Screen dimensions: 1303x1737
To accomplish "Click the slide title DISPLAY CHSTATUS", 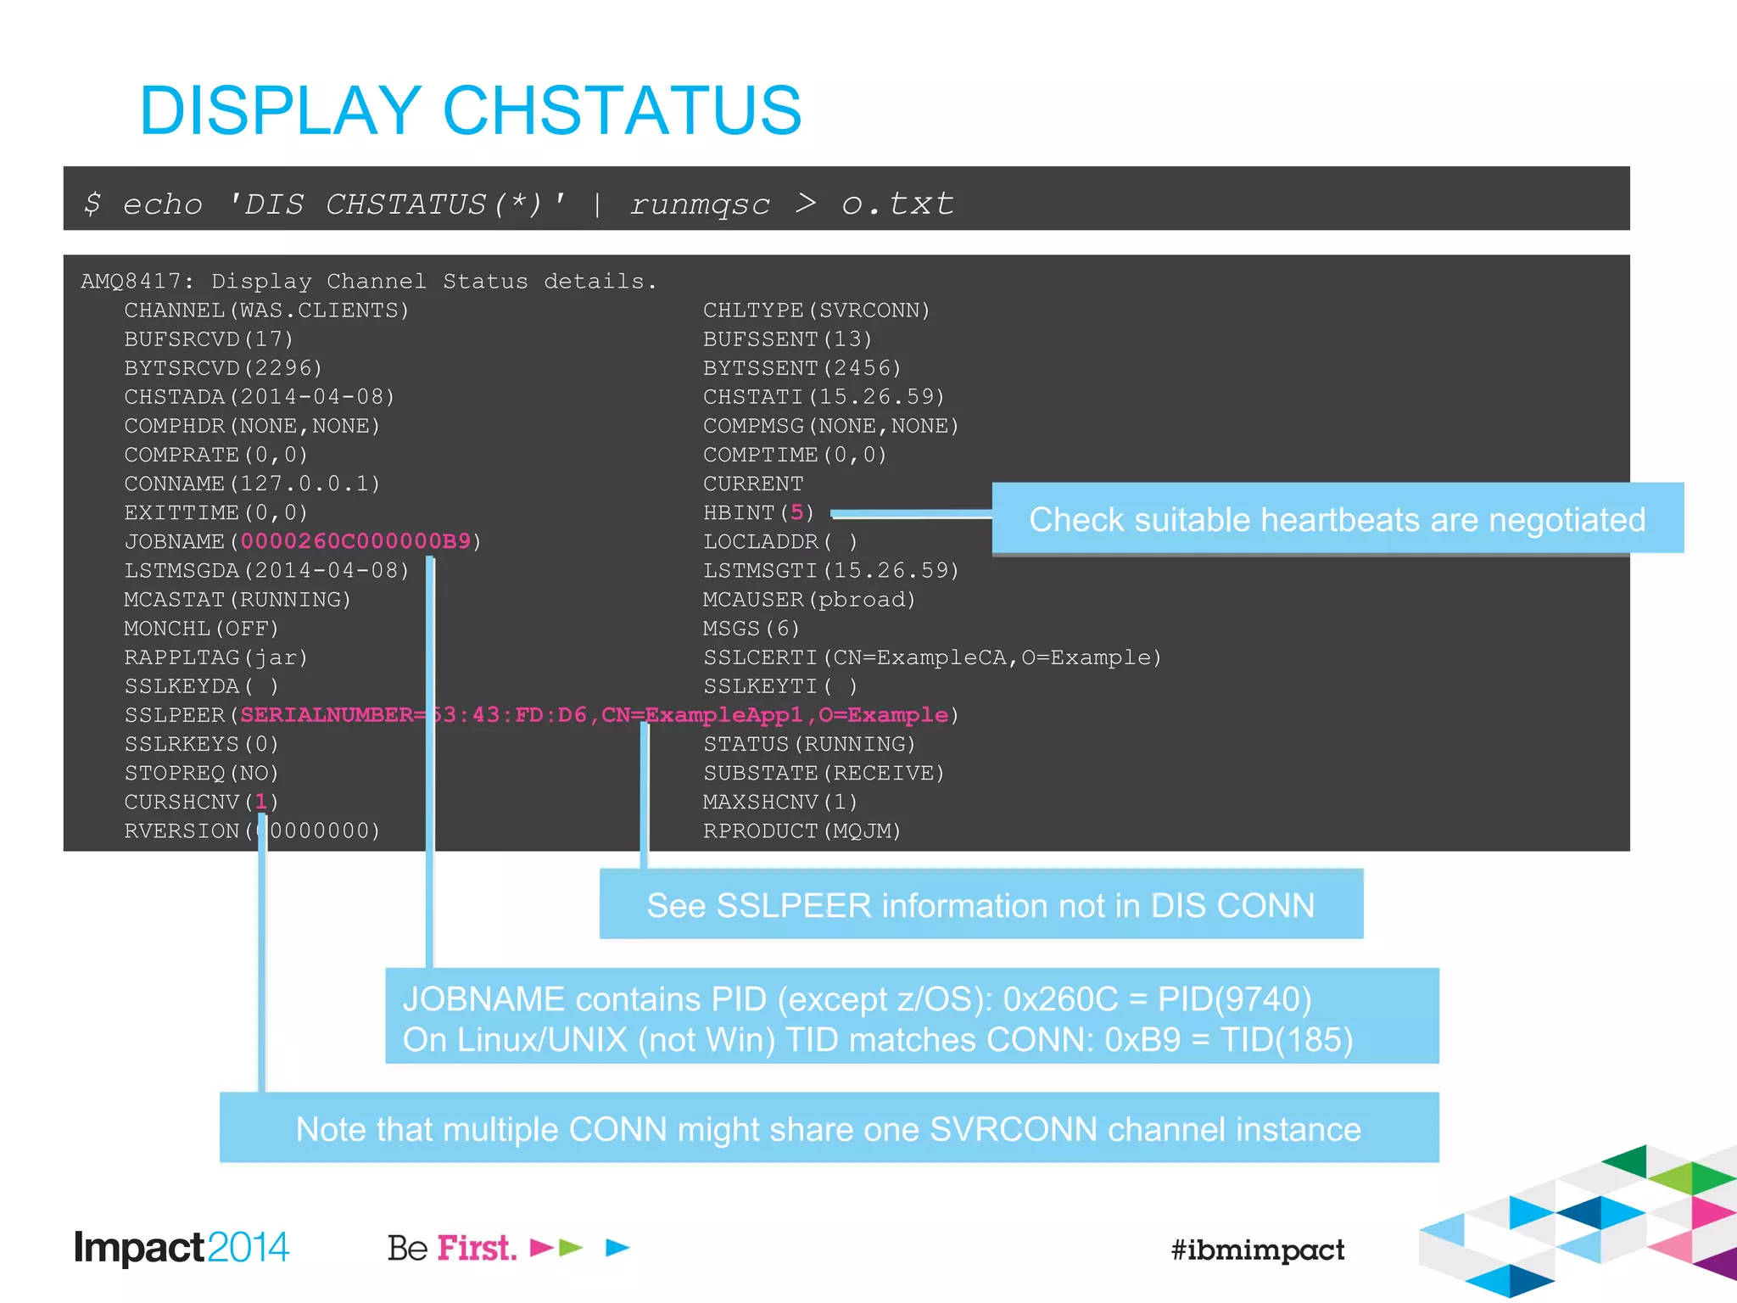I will (x=471, y=110).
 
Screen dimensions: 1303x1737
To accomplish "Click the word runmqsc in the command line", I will (x=700, y=204).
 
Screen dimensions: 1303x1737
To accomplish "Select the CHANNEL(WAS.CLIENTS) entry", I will (x=266, y=310).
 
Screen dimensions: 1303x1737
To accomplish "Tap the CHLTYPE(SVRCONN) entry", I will (x=816, y=310).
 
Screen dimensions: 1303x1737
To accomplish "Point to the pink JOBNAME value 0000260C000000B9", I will (x=355, y=541).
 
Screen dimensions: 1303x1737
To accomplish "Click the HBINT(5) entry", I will (x=758, y=512).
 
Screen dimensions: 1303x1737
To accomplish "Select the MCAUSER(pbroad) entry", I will (x=809, y=600).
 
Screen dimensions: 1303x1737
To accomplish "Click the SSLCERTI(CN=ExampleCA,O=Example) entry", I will (x=931, y=657).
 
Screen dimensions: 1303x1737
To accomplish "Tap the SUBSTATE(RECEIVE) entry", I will (x=824, y=773).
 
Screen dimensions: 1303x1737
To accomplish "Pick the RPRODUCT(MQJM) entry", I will (x=801, y=830).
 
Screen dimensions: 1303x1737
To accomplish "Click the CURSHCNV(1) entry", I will (x=201, y=802).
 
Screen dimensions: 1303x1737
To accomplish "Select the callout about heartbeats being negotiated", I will (x=1337, y=519).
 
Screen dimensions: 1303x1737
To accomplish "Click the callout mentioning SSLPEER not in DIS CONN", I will (x=980, y=905).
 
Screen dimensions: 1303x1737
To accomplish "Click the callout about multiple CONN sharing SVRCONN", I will (x=828, y=1129).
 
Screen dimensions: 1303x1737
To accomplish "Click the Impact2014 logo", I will (x=182, y=1248).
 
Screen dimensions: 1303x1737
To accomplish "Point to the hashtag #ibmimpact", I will (x=1257, y=1250).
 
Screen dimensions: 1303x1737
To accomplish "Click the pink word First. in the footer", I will (x=477, y=1248).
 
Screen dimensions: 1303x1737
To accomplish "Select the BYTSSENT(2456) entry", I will (x=801, y=368).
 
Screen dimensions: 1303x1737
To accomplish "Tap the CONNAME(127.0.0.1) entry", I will (x=252, y=484).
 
